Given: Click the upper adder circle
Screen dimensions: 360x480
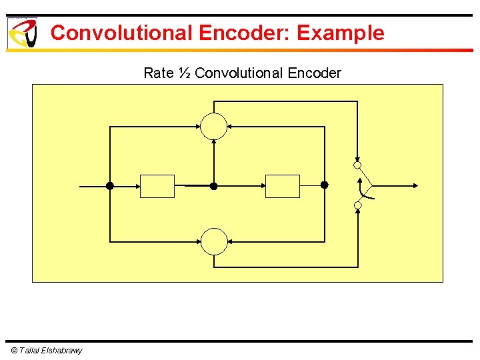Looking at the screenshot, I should click(x=214, y=127).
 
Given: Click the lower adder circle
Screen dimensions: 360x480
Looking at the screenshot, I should click(x=214, y=241).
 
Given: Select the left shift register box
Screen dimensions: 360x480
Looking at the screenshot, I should click(x=157, y=186).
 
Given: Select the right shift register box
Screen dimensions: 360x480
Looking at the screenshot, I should click(x=283, y=186).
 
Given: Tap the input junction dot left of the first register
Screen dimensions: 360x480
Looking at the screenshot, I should click(x=110, y=186).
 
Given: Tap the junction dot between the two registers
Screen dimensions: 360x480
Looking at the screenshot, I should click(x=214, y=186).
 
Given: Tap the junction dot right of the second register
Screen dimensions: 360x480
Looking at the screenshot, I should click(x=325, y=185).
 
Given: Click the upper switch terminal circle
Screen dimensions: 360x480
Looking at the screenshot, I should click(x=357, y=165).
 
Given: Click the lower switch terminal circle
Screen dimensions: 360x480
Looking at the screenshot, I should click(x=357, y=205).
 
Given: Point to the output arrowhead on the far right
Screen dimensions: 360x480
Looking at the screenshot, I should click(x=415, y=186).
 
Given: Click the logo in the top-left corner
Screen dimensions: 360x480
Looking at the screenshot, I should click(x=21, y=33).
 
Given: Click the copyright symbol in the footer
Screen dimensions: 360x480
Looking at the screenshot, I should click(x=15, y=351).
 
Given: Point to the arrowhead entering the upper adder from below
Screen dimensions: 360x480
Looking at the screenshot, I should click(x=214, y=142).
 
